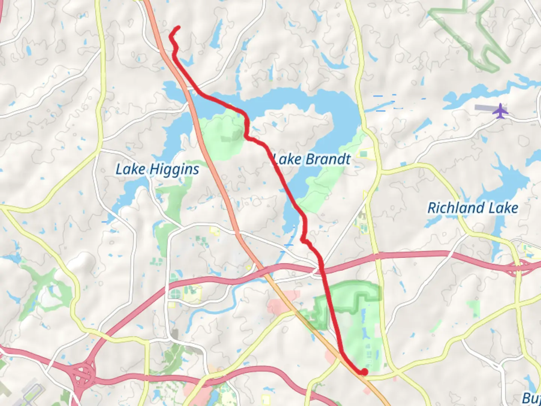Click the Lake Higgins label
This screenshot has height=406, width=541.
(x=157, y=170)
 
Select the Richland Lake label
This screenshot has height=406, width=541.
(x=473, y=208)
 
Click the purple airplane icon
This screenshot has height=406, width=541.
(x=500, y=111)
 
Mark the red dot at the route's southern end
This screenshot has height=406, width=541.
(x=364, y=372)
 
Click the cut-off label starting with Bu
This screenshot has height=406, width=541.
(x=531, y=398)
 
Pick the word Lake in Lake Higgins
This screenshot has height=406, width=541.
(x=130, y=169)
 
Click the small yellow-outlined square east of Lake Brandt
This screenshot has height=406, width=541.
(x=363, y=154)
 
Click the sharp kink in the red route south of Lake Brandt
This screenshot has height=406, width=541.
(x=304, y=239)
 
